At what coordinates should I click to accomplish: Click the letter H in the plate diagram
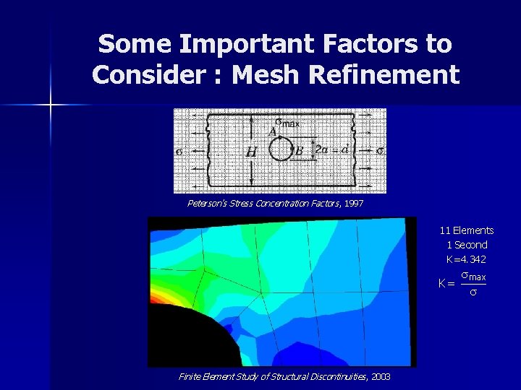tap(251, 152)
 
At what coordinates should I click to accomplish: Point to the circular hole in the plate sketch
tap(280, 150)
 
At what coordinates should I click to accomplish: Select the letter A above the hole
tap(272, 131)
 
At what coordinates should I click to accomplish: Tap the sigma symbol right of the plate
tap(381, 151)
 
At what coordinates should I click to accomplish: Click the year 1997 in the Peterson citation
tap(354, 204)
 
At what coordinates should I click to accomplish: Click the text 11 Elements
tap(467, 230)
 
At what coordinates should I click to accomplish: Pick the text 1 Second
tap(467, 245)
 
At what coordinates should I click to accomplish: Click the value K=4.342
tap(466, 259)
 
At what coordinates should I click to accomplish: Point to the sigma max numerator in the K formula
tap(473, 277)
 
